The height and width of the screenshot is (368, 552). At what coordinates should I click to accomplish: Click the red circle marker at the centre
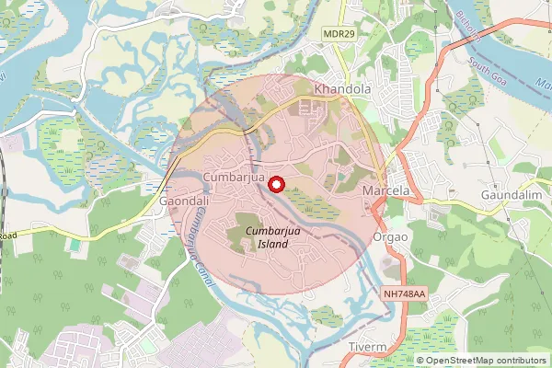274,184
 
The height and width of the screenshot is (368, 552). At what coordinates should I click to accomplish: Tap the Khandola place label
342,89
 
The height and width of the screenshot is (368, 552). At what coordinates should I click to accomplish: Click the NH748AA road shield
405,293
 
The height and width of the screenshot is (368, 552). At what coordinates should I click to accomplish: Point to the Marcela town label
385,190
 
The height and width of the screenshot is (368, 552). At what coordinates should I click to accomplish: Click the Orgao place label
391,235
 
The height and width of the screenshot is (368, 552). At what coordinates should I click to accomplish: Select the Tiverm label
369,346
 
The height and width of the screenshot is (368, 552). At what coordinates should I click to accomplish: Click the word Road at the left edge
7,235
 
